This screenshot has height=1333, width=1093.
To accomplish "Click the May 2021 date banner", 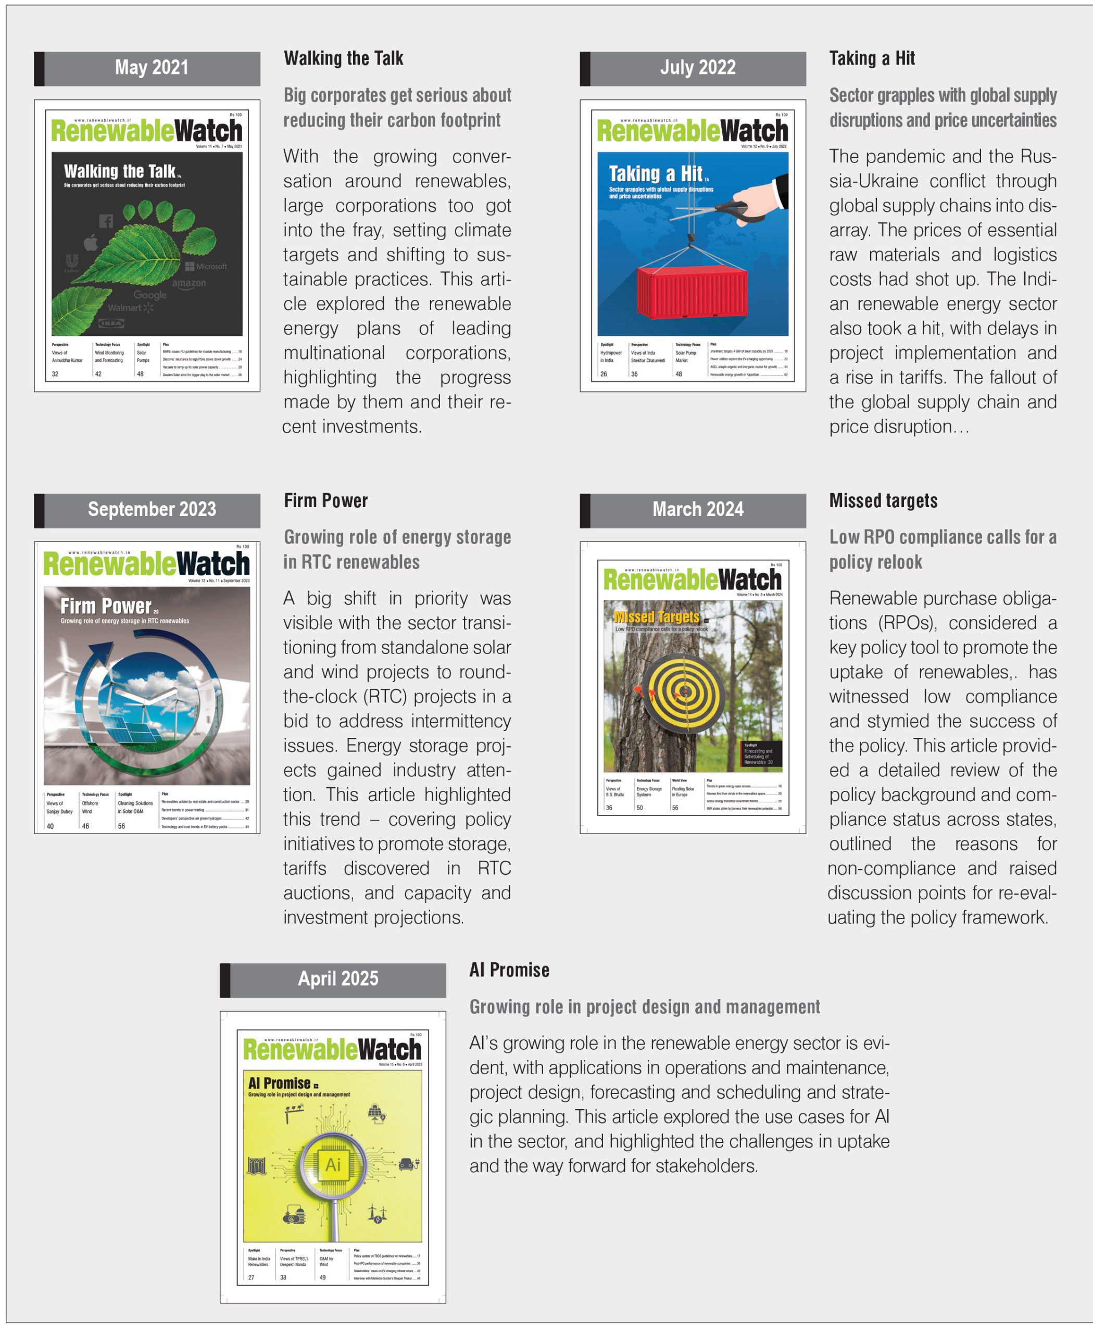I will point(151,68).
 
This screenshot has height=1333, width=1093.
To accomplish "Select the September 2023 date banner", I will point(151,509).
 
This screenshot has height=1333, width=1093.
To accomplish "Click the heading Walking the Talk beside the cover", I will point(343,58).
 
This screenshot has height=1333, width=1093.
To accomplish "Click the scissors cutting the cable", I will point(737,211).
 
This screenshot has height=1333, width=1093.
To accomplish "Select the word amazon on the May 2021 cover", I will point(189,283).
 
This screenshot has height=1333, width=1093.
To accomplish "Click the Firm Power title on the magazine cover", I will point(106,607).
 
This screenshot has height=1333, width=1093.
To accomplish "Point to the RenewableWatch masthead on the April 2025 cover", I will point(332,1050).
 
